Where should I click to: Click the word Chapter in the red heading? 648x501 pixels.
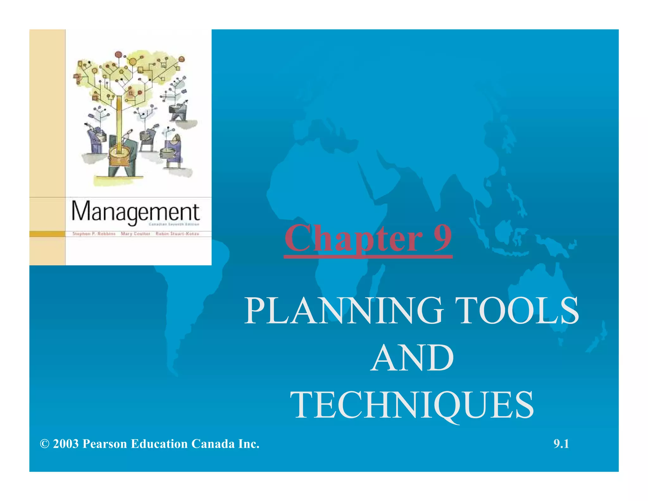click(x=353, y=238)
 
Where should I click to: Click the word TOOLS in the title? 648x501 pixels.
click(x=519, y=311)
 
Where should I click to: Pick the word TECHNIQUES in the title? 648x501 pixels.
click(x=412, y=406)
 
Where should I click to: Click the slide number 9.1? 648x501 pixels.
click(x=561, y=444)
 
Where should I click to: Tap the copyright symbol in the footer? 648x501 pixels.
click(x=45, y=444)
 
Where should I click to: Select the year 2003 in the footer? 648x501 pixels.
click(x=65, y=444)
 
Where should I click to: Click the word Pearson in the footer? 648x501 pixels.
click(x=105, y=444)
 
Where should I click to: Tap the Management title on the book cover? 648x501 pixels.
click(x=135, y=212)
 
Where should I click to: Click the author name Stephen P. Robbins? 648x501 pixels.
click(x=94, y=234)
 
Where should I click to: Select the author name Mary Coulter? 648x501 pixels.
click(x=135, y=234)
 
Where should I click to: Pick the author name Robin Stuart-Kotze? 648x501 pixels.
click(x=177, y=234)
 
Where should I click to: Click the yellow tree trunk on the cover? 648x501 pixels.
click(x=119, y=124)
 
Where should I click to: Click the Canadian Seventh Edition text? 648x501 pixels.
click(x=174, y=224)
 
